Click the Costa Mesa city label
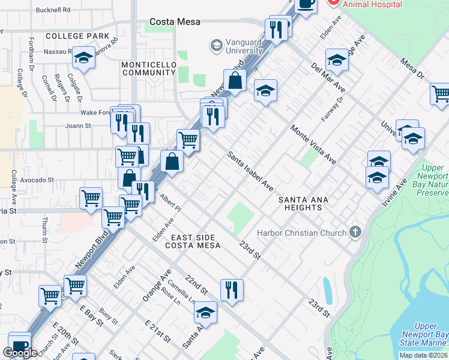(175, 22)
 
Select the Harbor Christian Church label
(301, 233)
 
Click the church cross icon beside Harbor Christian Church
(355, 232)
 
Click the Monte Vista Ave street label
(313, 145)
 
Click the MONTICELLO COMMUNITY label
(148, 68)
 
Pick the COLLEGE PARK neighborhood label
(77, 36)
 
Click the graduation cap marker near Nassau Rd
(83, 58)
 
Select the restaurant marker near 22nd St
(232, 289)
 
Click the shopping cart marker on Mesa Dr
(441, 94)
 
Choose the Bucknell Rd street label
(53, 10)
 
